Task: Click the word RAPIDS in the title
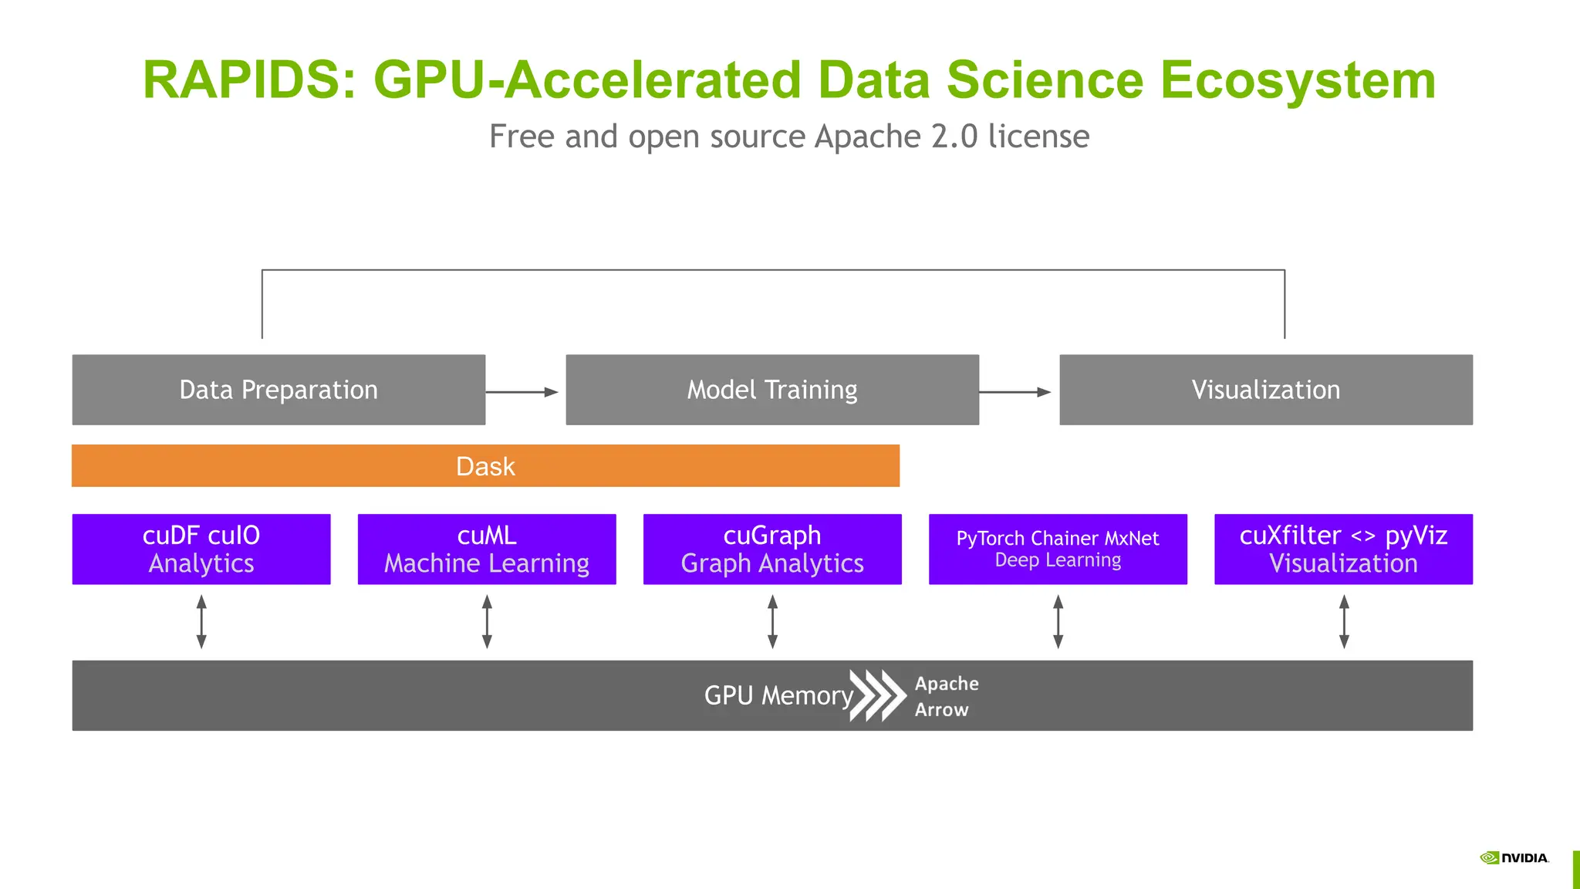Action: tap(241, 80)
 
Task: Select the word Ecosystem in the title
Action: tap(1298, 80)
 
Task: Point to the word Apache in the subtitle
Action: tap(867, 137)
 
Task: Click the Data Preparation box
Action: tap(279, 390)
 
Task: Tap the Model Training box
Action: tap(772, 390)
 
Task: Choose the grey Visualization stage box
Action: tap(1265, 390)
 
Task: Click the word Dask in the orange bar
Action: tap(485, 466)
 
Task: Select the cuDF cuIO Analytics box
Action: tap(201, 549)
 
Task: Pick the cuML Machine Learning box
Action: tap(487, 549)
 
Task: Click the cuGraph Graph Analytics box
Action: tap(772, 549)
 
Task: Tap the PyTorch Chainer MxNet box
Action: tap(1058, 549)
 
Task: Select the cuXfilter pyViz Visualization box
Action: tap(1343, 549)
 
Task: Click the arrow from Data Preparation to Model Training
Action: tap(522, 392)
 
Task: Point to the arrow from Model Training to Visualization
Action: tap(1015, 392)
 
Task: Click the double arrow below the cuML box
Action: tap(487, 621)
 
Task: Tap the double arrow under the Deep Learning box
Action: tap(1058, 621)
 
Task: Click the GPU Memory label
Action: tap(778, 695)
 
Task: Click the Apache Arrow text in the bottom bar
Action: tap(946, 696)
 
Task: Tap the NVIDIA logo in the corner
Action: tap(1514, 858)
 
